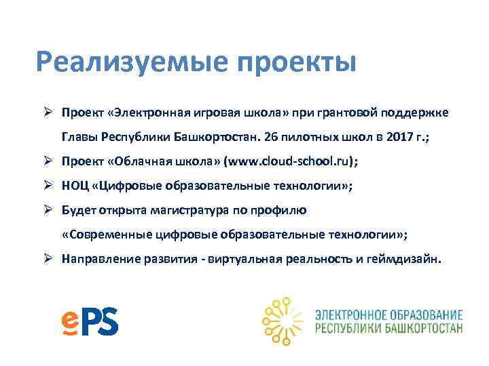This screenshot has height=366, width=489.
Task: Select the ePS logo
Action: coord(89,320)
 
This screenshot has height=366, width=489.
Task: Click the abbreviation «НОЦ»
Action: coord(75,186)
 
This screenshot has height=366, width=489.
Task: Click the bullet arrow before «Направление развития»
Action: coord(48,259)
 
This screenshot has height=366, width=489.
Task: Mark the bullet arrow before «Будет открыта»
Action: coord(48,210)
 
